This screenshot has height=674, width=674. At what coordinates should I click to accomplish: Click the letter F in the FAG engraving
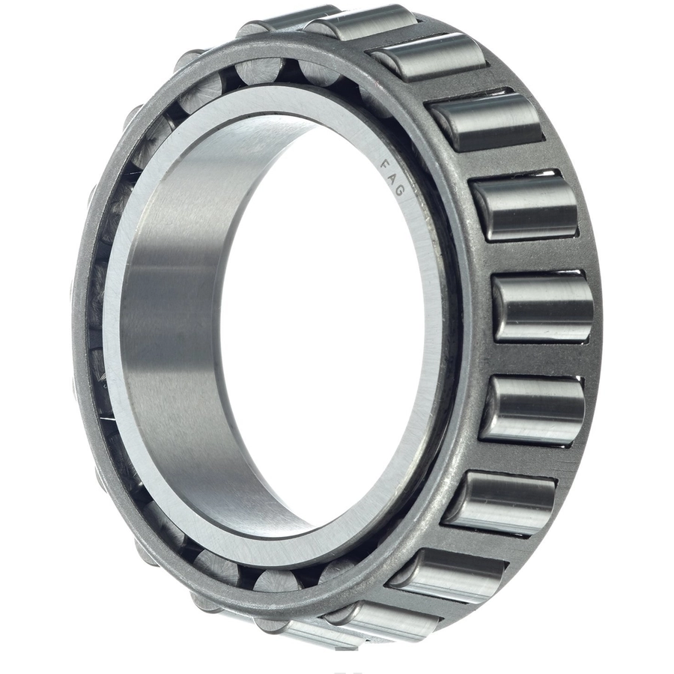click(x=386, y=165)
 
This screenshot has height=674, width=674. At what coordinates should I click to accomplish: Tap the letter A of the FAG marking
click(x=393, y=177)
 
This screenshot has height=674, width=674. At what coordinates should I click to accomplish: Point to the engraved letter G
click(x=399, y=190)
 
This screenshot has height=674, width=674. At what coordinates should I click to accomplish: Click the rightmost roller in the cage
click(x=542, y=308)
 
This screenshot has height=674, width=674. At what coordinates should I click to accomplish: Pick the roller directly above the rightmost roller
click(x=525, y=208)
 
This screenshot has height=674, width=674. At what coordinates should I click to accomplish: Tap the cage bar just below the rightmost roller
click(x=537, y=359)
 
